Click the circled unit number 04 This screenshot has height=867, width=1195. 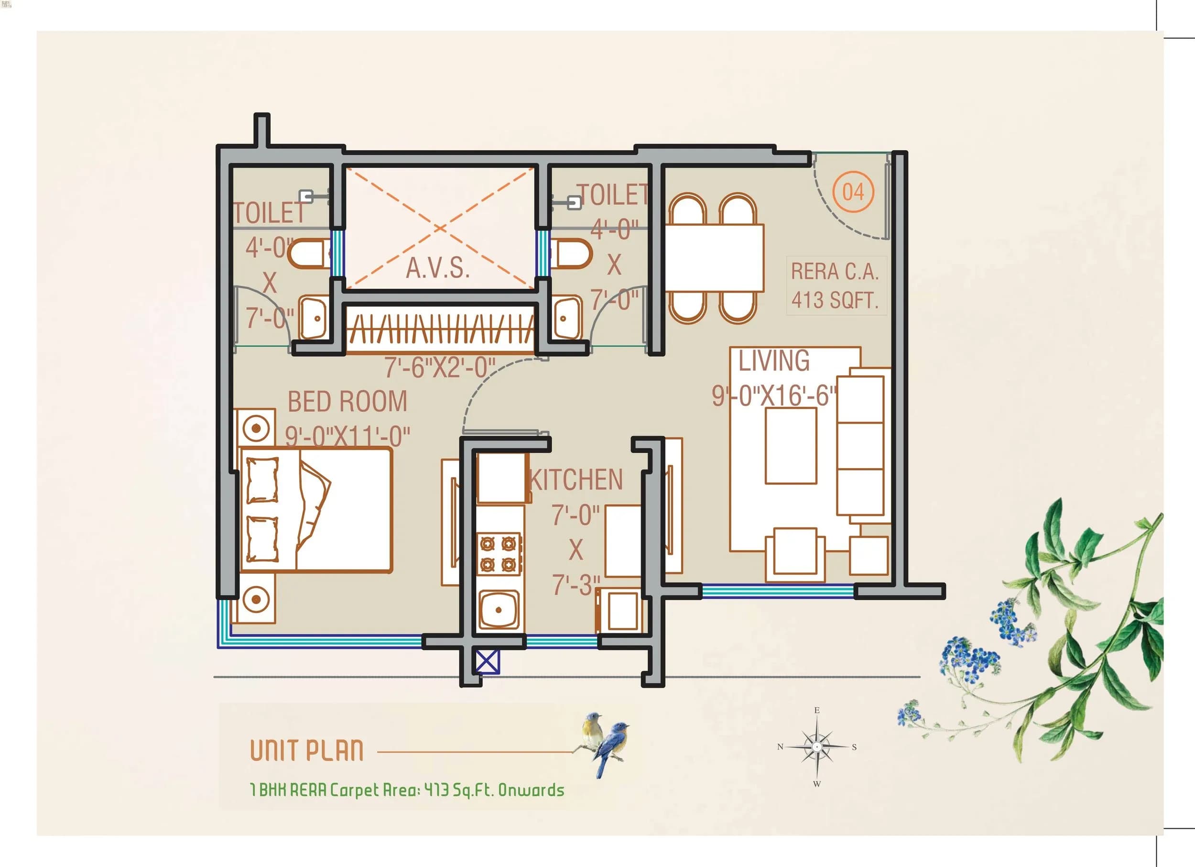tap(853, 192)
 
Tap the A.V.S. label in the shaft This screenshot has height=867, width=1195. tap(437, 268)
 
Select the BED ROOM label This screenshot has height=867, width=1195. tap(347, 402)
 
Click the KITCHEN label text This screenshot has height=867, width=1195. tap(576, 480)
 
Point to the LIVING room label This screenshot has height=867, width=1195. tap(773, 361)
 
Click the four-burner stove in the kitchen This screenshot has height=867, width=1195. tap(499, 553)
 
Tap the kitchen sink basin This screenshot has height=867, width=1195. tap(499, 610)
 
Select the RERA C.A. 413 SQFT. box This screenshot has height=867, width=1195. tap(835, 285)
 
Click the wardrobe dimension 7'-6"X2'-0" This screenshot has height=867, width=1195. tap(439, 368)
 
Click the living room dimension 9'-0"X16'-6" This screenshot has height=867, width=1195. tap(773, 396)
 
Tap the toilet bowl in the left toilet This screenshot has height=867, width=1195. tap(308, 254)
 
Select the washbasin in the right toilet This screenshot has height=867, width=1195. tap(567, 318)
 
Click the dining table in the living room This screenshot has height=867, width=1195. tap(714, 258)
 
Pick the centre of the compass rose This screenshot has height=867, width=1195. tap(817, 747)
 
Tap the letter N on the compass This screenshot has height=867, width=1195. tap(780, 747)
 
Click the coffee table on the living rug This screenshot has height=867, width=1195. tap(790, 446)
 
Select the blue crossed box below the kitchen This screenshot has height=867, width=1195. tap(488, 662)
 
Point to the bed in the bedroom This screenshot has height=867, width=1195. tap(316, 510)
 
